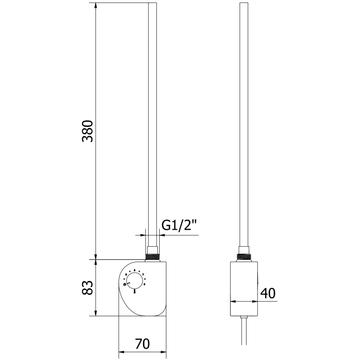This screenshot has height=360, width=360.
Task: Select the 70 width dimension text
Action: click(x=142, y=344)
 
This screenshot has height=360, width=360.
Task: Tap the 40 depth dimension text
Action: click(x=268, y=293)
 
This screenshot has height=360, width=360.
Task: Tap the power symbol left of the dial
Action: click(x=124, y=284)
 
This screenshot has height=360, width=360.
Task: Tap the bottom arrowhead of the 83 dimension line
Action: click(x=96, y=313)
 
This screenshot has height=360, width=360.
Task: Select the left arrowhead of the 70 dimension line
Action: click(x=121, y=351)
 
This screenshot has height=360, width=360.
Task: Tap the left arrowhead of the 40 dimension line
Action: click(x=233, y=301)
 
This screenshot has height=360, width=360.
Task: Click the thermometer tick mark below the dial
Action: click(x=134, y=292)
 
